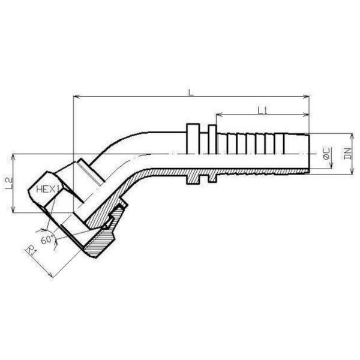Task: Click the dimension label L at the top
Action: pos(191,92)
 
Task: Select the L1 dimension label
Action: pos(262,110)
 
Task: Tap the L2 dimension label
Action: pos(9,184)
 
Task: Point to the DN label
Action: pos(348,154)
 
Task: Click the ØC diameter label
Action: pos(326,154)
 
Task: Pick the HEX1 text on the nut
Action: pos(48,189)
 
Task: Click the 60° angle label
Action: pos(47,239)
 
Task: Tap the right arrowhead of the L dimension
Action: pos(306,97)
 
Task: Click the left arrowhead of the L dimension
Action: pos(76,97)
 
